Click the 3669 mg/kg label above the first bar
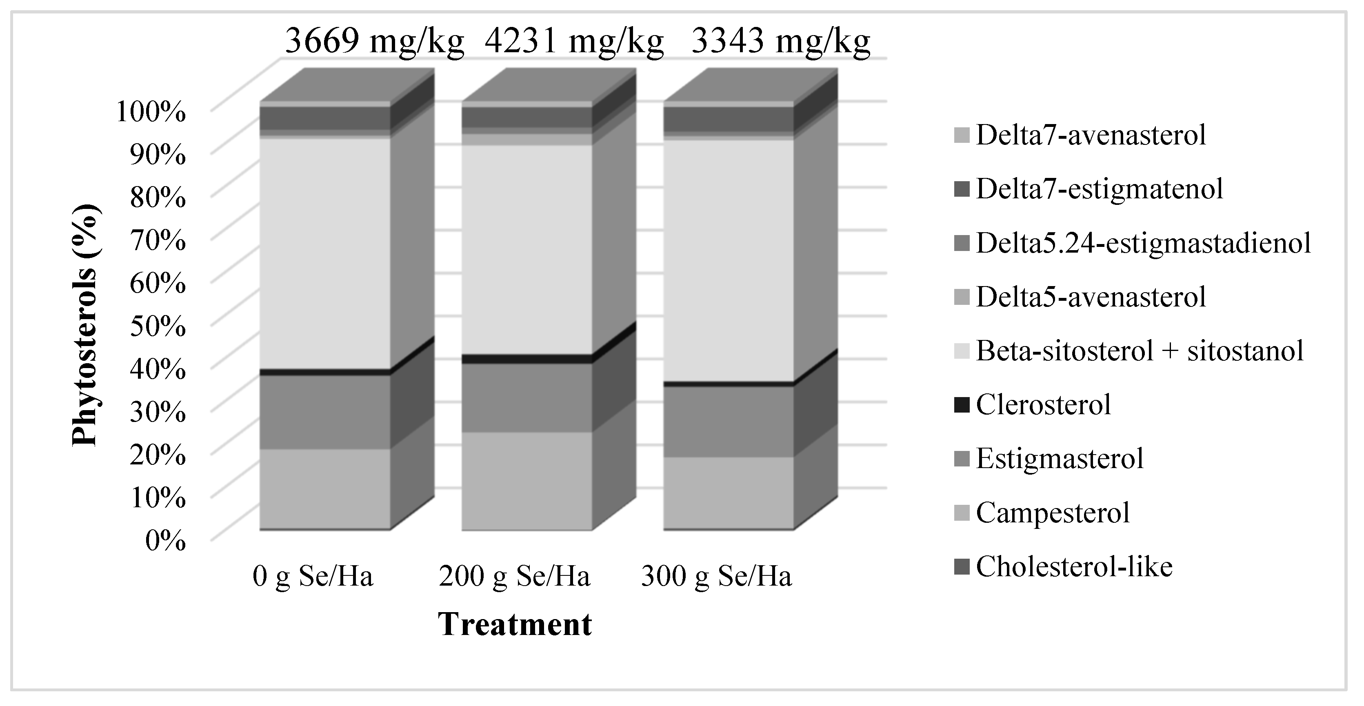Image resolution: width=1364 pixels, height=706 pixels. click(x=374, y=41)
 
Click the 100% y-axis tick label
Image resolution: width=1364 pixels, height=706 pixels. click(x=151, y=112)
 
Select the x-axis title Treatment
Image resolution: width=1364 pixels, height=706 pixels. click(x=515, y=624)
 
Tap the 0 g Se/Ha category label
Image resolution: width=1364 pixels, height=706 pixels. click(x=313, y=576)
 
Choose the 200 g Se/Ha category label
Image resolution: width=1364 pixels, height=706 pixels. click(x=514, y=576)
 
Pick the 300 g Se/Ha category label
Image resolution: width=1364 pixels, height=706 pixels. click(x=716, y=576)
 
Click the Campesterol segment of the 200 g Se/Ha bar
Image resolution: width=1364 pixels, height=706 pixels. click(x=526, y=481)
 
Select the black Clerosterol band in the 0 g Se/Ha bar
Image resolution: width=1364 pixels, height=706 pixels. click(x=324, y=372)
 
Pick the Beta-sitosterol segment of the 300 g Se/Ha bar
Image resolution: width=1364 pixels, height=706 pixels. click(x=728, y=260)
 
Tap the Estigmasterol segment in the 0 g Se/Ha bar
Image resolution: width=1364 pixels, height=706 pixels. click(x=324, y=412)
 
